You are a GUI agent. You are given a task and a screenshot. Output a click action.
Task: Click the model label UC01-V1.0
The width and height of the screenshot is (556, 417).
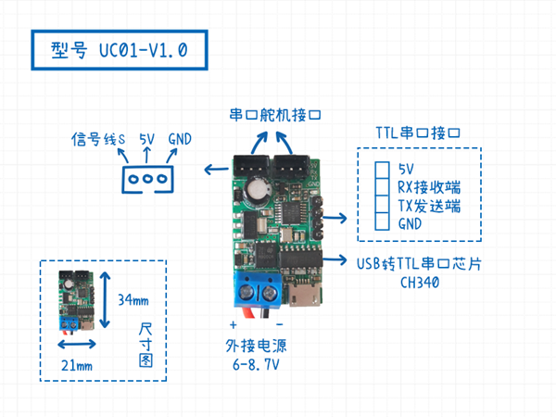(119, 50)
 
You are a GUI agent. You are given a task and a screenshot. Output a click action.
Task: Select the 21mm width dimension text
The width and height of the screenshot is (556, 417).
(77, 366)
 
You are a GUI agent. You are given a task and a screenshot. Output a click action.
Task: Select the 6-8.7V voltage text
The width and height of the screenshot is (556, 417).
(254, 365)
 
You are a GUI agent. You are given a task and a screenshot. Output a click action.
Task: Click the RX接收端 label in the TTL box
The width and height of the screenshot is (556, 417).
(427, 187)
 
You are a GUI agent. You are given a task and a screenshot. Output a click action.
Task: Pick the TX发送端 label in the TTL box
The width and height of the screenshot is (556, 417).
(427, 205)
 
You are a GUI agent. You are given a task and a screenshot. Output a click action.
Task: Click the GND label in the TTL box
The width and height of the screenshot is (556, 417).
(410, 223)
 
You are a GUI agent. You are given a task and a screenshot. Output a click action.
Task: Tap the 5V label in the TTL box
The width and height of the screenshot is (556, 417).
(404, 169)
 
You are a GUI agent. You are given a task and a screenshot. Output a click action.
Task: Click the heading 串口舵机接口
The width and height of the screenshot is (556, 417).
(274, 117)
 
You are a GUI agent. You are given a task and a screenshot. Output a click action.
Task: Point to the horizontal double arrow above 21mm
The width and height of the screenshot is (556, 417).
(77, 345)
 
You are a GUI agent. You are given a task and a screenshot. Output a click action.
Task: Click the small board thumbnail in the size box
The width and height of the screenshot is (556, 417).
(71, 300)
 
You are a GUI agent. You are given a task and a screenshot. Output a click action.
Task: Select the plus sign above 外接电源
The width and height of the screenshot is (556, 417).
(233, 325)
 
